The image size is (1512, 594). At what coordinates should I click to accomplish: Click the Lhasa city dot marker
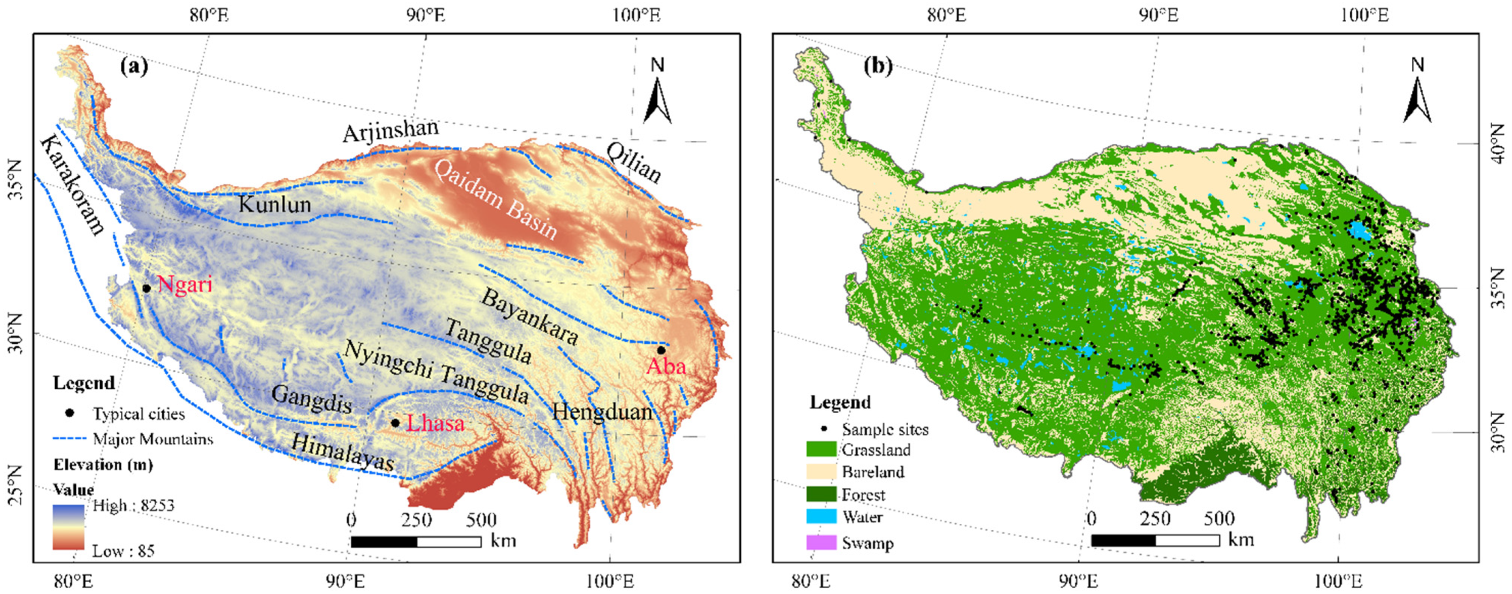395,423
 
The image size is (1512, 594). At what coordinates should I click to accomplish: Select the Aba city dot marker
661,350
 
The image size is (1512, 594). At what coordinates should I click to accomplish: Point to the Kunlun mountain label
275,205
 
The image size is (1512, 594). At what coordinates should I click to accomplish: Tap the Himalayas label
342,453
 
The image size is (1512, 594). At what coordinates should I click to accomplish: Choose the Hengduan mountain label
602,412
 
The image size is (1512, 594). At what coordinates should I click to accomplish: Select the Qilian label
634,162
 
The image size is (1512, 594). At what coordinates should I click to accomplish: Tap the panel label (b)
877,66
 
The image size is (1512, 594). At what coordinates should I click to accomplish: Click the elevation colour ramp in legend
68,527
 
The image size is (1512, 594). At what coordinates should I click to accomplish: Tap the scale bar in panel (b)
1155,540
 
